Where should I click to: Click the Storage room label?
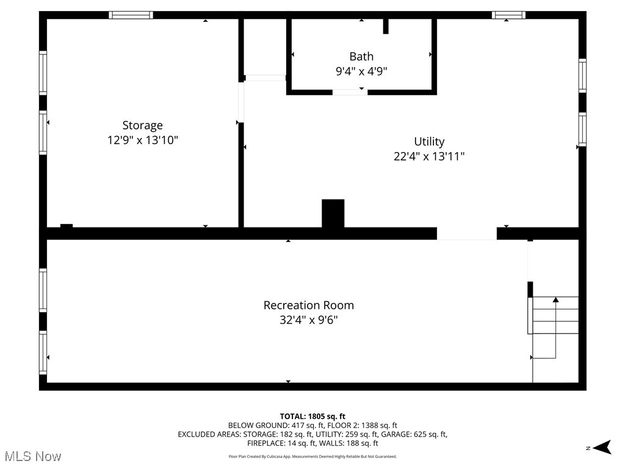142,125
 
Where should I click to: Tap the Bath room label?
361,56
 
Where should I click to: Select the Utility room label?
429,142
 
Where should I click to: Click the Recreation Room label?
308,305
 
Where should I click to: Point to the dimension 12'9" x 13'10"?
142,140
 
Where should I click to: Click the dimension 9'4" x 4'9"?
361,71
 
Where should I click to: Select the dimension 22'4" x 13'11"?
429,156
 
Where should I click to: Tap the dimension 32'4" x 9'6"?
308,319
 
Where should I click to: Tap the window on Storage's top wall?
131,15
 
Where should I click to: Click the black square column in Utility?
333,214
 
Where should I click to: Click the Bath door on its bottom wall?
350,92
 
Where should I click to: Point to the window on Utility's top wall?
508,15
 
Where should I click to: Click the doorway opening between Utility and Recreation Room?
467,233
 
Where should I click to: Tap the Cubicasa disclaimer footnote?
312,456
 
